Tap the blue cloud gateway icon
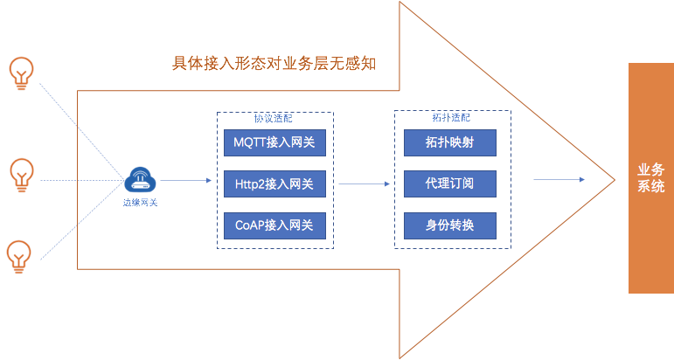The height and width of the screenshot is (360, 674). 140,181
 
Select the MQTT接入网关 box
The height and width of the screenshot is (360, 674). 274,142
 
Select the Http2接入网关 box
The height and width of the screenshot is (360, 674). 274,184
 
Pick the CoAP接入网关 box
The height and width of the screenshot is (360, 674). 274,226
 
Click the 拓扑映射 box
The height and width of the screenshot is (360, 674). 450,142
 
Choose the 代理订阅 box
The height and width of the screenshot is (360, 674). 450,184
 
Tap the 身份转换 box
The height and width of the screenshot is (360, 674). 450,226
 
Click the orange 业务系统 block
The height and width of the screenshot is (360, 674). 651,177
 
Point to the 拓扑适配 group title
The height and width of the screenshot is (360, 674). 450,117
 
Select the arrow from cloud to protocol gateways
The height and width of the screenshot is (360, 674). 185,181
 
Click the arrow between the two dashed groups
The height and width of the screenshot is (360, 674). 364,184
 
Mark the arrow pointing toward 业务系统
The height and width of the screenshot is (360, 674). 559,180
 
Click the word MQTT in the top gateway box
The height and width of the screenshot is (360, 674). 250,142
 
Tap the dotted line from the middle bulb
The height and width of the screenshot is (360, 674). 79,182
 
